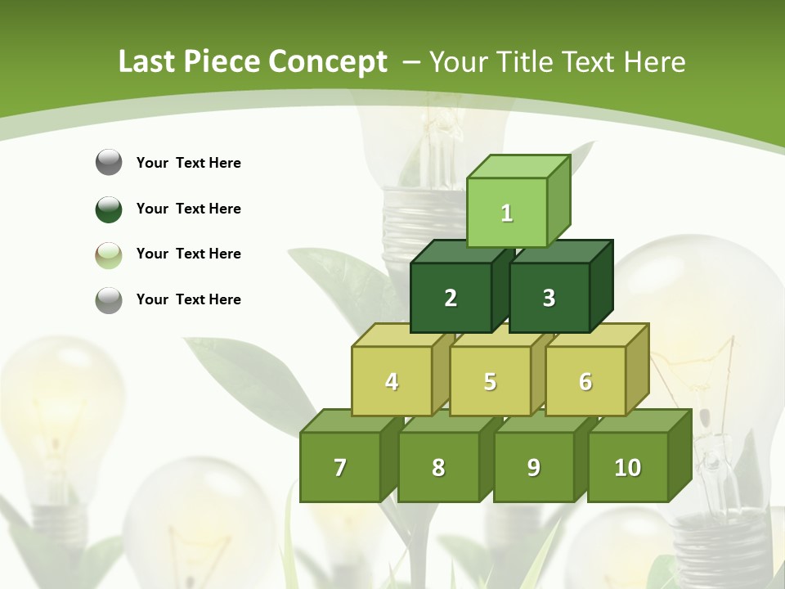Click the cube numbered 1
click(x=507, y=213)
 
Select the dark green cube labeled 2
click(x=451, y=298)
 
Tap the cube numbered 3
click(x=549, y=298)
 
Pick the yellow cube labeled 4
click(x=392, y=381)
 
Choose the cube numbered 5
click(x=490, y=381)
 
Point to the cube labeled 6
click(x=585, y=381)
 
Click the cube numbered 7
click(x=340, y=467)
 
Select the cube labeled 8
click(x=438, y=467)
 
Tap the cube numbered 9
click(x=533, y=467)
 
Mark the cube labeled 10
click(x=627, y=467)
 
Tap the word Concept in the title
click(x=328, y=62)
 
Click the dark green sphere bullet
click(x=109, y=209)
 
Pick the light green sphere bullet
click(x=109, y=255)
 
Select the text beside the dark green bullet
click(x=188, y=209)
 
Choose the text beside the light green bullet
click(x=188, y=254)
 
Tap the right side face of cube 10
click(x=680, y=456)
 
